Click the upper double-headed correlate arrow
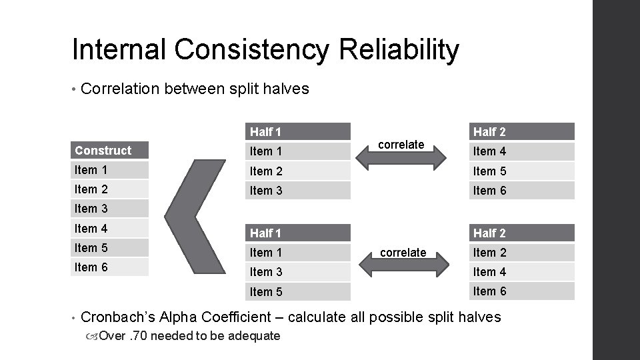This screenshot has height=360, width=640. point(401,157)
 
